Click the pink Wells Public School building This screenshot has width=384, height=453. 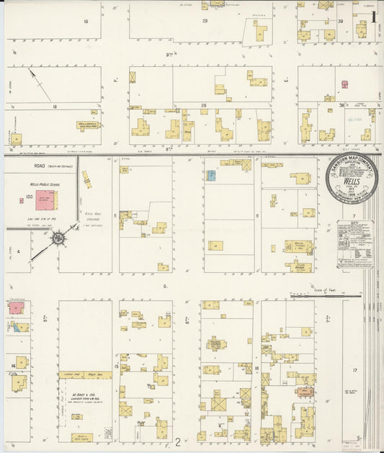[45, 200]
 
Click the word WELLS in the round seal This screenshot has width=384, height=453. [351, 182]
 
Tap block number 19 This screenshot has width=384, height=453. [86, 22]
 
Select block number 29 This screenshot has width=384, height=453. [205, 21]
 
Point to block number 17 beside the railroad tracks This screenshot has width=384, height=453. [354, 370]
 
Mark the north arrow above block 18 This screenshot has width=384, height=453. [40, 85]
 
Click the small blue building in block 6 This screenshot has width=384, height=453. [211, 175]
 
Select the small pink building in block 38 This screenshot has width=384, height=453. [329, 98]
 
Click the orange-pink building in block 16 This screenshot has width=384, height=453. [305, 392]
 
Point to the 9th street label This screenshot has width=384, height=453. [169, 55]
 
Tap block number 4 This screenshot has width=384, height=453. [19, 252]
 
